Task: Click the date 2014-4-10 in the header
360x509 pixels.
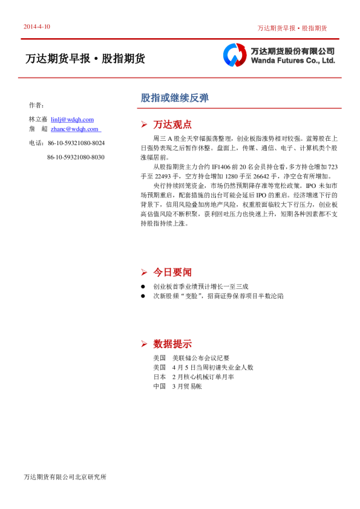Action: [x=37, y=27]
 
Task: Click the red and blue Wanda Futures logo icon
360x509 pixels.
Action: [x=234, y=55]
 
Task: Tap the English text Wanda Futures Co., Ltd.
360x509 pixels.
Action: [x=292, y=61]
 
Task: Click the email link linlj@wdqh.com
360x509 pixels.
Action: [x=72, y=120]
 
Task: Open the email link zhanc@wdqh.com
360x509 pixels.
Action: [x=75, y=129]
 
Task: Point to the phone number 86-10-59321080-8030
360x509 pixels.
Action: [x=76, y=157]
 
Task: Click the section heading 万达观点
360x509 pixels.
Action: [x=172, y=125]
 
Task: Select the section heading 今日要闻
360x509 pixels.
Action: [x=172, y=272]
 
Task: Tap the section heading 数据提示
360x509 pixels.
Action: [x=172, y=344]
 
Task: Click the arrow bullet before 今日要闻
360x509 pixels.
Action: [x=144, y=272]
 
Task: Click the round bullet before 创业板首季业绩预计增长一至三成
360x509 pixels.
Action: [x=143, y=287]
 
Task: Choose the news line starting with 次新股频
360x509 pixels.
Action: [x=218, y=296]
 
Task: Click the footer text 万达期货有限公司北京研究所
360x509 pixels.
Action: [x=65, y=477]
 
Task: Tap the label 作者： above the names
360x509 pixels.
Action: [x=36, y=105]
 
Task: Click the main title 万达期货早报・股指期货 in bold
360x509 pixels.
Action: [x=85, y=59]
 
